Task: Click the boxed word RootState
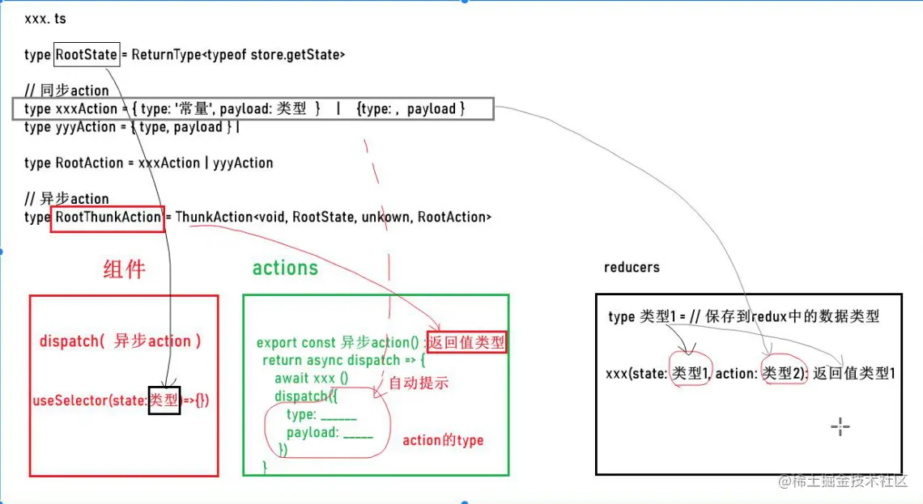tap(87, 55)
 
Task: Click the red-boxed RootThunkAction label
tap(108, 218)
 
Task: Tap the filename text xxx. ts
tap(46, 19)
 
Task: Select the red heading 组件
tap(124, 269)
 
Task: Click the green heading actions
tap(285, 268)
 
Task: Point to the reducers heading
tap(632, 267)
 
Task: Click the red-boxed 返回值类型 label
tap(466, 342)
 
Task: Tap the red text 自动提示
tap(419, 383)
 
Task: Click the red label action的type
tap(443, 441)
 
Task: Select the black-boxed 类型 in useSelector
tap(164, 400)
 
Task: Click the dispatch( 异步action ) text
tap(120, 341)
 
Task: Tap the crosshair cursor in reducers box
tap(840, 426)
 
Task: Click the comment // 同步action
tap(66, 91)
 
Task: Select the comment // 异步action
tap(66, 199)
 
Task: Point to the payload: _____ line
tap(330, 433)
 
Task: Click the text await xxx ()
tap(311, 378)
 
